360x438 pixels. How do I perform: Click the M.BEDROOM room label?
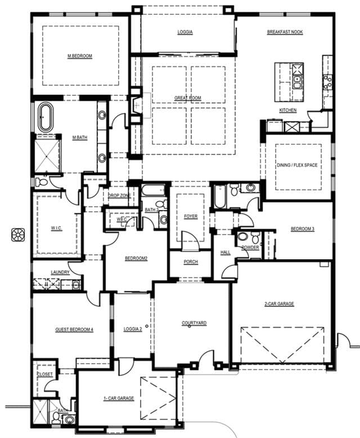tap(80, 56)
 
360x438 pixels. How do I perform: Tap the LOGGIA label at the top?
tap(185, 32)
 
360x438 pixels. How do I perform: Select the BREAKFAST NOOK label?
tap(285, 32)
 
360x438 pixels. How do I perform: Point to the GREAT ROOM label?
tap(188, 98)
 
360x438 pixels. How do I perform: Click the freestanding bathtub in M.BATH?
tap(46, 117)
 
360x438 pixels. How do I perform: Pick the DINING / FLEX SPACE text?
tap(297, 165)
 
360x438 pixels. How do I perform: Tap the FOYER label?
tap(191, 216)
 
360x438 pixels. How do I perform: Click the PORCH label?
tap(191, 262)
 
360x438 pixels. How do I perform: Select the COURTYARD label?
tap(194, 323)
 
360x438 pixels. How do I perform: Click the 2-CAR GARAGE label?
tap(280, 303)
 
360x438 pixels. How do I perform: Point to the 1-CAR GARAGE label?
tap(119, 398)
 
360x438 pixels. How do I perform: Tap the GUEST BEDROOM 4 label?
tap(74, 329)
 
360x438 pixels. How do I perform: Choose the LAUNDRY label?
tap(60, 272)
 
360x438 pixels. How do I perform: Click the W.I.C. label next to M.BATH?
tap(56, 228)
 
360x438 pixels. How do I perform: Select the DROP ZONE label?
tap(119, 195)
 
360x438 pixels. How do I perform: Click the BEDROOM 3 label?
tap(303, 229)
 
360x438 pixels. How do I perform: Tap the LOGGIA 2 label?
tap(133, 329)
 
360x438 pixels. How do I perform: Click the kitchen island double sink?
tap(297, 82)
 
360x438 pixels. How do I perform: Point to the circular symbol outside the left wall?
tap(18, 235)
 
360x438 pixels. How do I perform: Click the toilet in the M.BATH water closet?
tap(42, 182)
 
